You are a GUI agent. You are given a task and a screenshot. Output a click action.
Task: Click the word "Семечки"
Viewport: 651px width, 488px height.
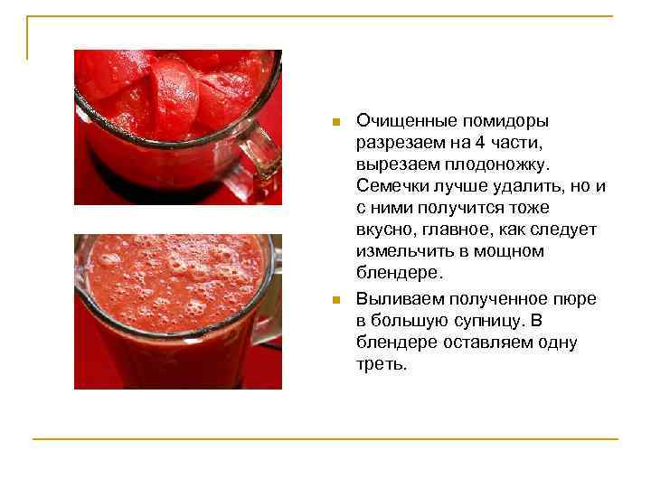[x=394, y=186]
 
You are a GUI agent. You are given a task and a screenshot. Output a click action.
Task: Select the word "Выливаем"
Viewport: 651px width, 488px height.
[x=399, y=299]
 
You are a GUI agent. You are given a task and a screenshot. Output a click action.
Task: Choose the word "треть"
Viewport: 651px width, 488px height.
[x=381, y=364]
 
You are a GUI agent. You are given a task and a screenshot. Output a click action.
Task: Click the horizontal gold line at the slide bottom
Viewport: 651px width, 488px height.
[x=325, y=440]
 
